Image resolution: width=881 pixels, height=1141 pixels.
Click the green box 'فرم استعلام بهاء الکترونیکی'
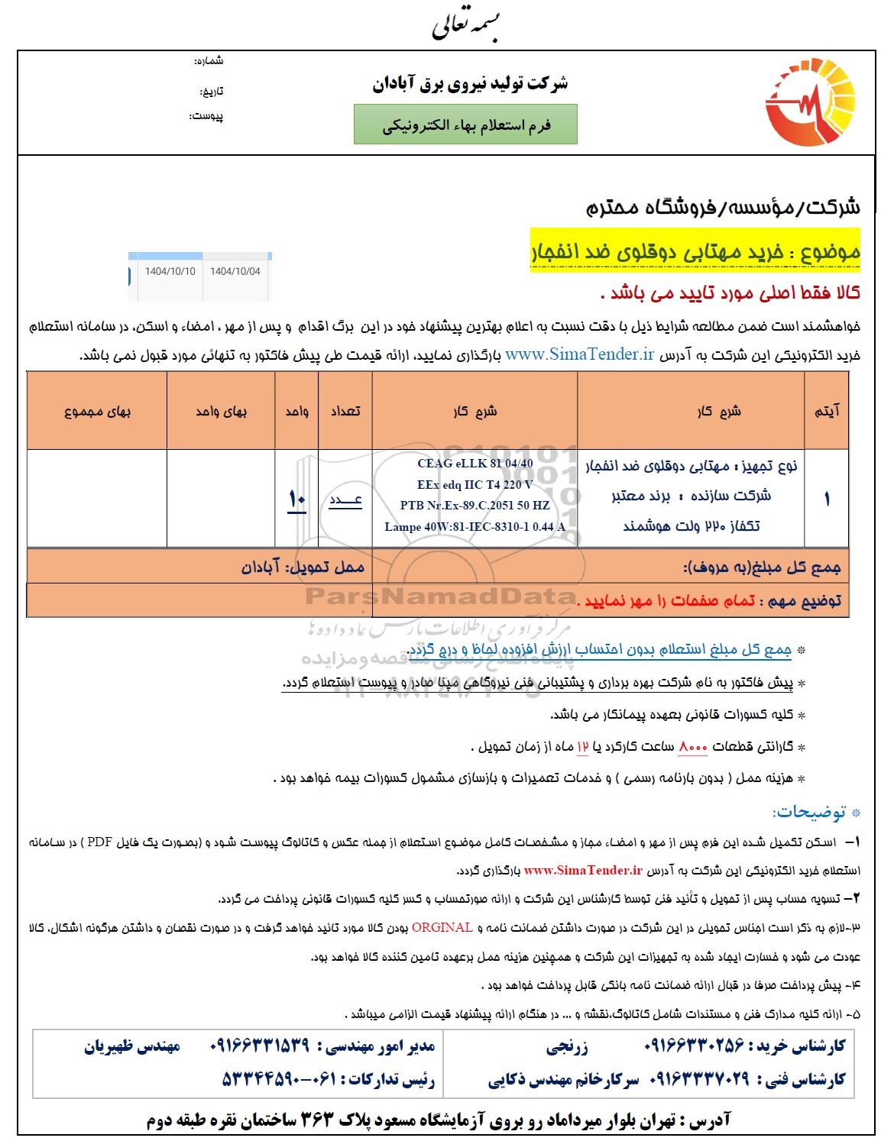click(x=465, y=124)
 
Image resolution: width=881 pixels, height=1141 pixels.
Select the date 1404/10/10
click(x=170, y=271)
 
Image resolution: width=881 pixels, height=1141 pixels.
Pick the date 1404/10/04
click(x=235, y=271)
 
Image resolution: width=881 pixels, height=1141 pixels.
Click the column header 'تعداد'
click(x=344, y=411)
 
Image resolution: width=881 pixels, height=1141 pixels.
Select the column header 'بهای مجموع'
click(x=98, y=411)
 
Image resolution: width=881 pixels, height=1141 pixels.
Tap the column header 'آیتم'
click(x=828, y=411)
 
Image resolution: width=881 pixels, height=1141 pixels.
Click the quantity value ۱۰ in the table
click(x=296, y=499)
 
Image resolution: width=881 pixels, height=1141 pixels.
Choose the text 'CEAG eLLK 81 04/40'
click(x=475, y=463)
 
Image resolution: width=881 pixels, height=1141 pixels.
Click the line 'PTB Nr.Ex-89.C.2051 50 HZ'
click(x=475, y=505)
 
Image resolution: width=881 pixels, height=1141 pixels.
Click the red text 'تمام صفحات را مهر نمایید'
click(x=666, y=600)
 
